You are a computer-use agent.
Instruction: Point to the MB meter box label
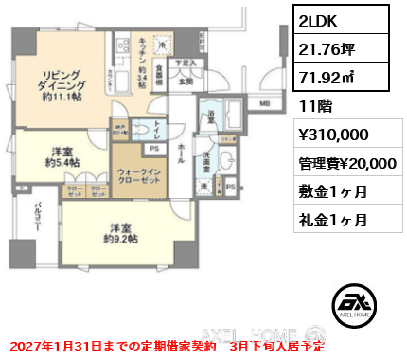coord(265,103)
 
